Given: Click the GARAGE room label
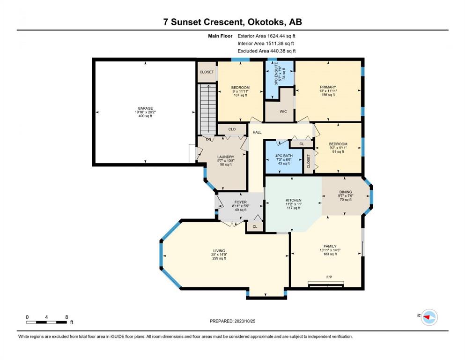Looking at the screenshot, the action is coord(145,108).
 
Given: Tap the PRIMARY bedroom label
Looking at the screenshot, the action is coord(328,87).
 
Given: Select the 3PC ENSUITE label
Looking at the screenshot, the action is coord(276,74).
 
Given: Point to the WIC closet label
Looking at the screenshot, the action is coord(283,112).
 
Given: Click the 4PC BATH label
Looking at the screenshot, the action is coord(284,156).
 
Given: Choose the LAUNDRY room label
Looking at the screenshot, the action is coord(226,157).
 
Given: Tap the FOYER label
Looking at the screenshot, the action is coord(241,202).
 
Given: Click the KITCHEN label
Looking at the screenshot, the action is coord(294,200).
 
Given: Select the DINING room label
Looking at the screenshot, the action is coord(346,192).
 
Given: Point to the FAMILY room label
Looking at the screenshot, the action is coord(330,247).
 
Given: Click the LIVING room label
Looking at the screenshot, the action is coord(219,251).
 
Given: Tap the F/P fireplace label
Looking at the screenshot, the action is coord(329,277).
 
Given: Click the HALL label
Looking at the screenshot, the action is coord(257,132).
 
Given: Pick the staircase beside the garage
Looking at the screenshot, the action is coord(207,110).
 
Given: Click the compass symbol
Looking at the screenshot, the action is coord(429,317).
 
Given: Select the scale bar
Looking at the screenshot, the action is coord(46,322).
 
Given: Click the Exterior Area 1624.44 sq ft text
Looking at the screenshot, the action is coord(266,36).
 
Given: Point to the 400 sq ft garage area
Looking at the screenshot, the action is coord(145,116).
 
